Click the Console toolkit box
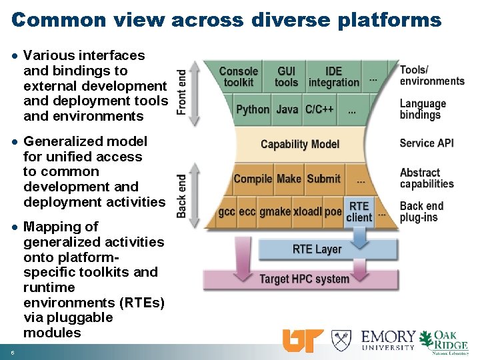click(x=239, y=77)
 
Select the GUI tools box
click(x=286, y=77)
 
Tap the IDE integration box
click(x=333, y=77)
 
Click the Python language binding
click(x=253, y=109)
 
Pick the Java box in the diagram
click(x=287, y=109)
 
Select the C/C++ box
click(x=319, y=109)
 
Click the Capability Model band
click(x=300, y=144)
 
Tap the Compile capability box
click(x=253, y=179)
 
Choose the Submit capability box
click(x=323, y=179)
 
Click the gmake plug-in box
click(x=275, y=211)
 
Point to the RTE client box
click(x=359, y=211)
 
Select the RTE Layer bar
click(x=317, y=249)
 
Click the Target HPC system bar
click(x=304, y=279)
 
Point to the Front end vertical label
click(x=181, y=93)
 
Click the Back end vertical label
click(x=181, y=195)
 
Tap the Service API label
click(x=427, y=143)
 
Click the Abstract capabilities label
click(x=427, y=178)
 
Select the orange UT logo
click(x=303, y=340)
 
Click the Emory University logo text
click(x=389, y=340)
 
